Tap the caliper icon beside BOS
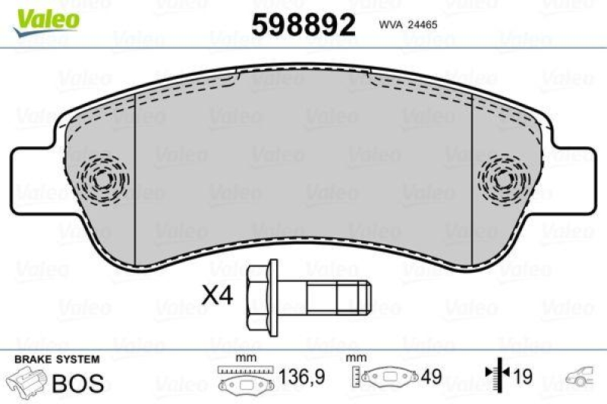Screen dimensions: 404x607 pos(25,381)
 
